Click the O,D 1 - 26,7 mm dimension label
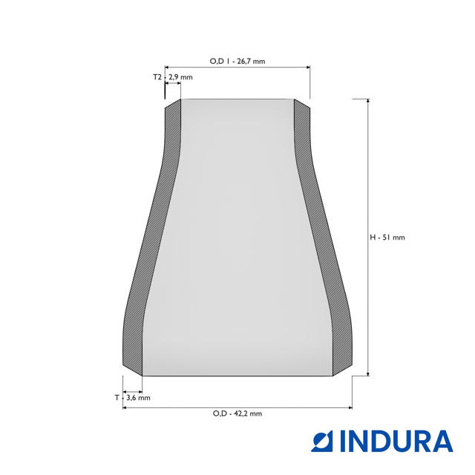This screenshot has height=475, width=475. pos(237,61)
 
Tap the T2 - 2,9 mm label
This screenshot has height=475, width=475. pos(173,77)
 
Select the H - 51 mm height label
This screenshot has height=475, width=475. pos(387,237)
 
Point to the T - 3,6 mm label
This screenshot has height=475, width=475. pos(132,398)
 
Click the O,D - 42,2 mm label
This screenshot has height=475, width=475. pos(237,413)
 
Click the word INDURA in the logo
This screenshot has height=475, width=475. pos(396,441)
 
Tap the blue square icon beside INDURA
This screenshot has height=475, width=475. pos(322,441)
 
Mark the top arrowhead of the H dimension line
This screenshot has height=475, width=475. pos(368,101)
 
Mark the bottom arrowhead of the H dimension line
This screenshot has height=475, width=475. pos(368,374)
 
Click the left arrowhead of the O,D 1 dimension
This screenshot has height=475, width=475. pos(166,68)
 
